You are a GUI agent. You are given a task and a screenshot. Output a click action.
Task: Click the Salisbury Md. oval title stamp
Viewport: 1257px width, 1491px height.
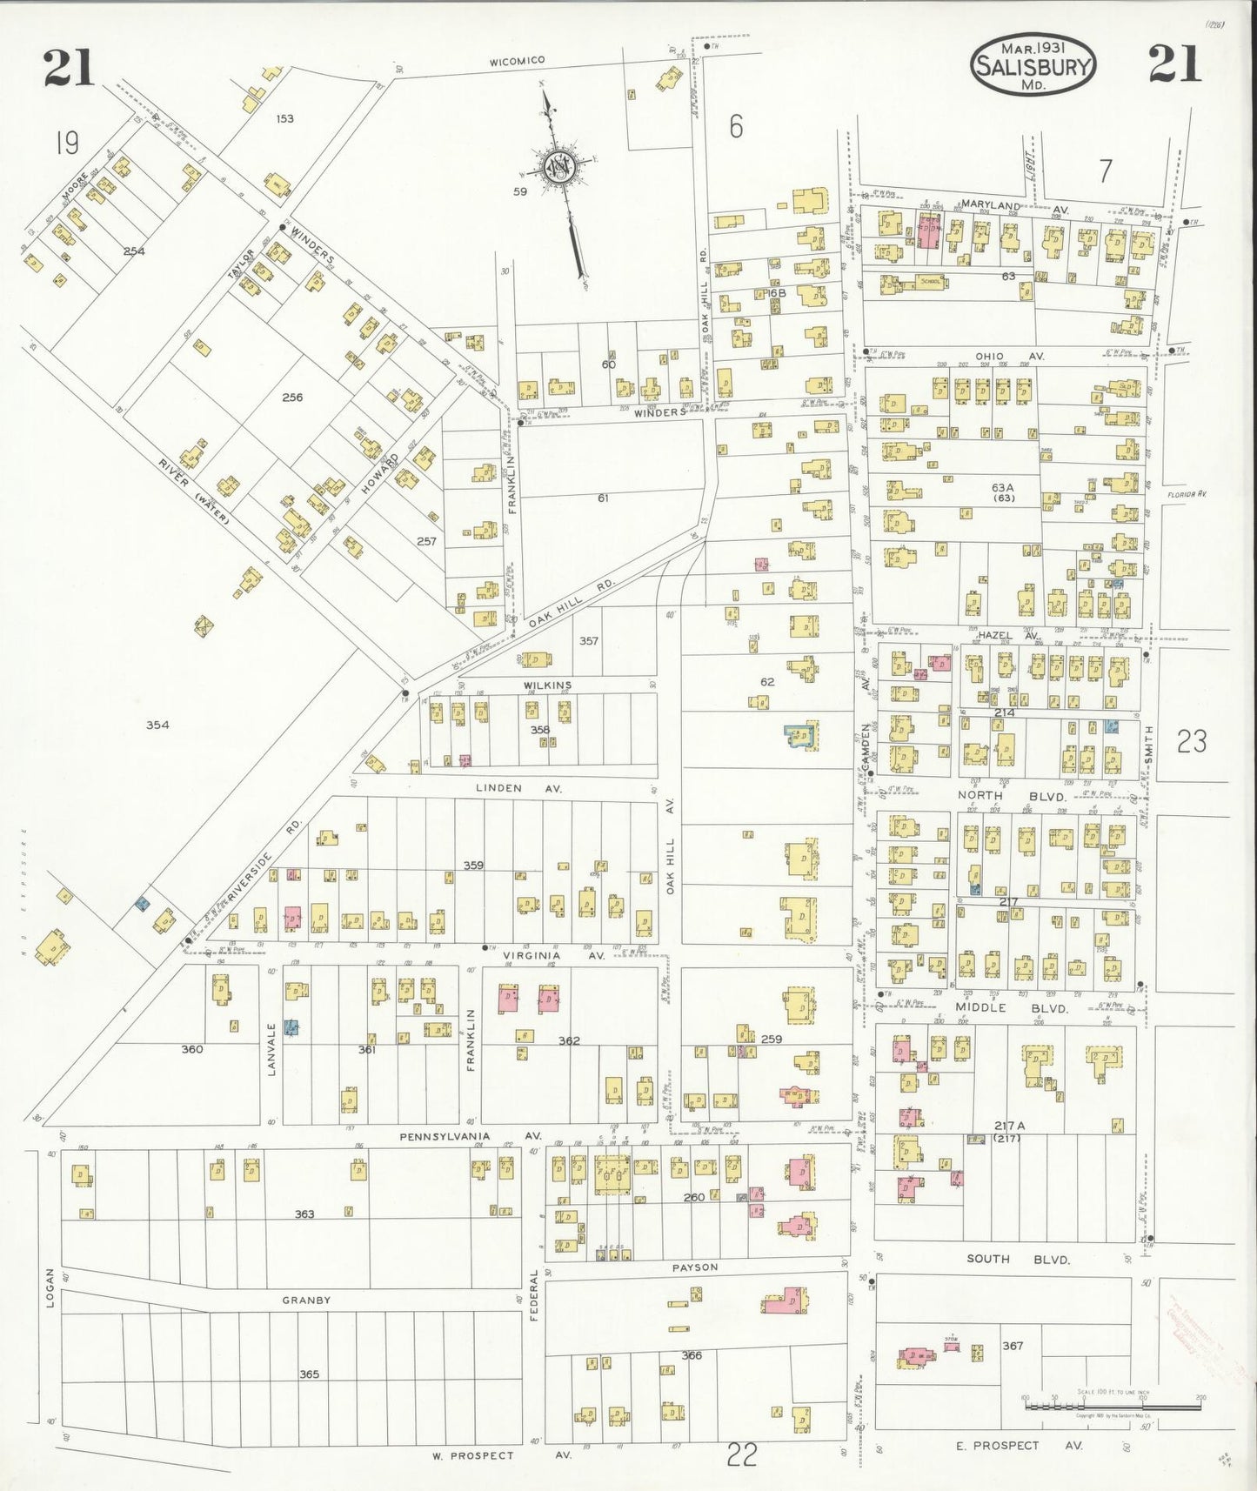tap(1033, 64)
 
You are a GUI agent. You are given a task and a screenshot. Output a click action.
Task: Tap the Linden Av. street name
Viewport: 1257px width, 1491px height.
tap(518, 788)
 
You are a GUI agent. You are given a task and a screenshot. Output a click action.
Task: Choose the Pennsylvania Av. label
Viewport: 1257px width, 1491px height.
tap(471, 1136)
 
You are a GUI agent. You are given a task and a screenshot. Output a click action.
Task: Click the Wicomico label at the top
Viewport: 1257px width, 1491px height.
tap(517, 60)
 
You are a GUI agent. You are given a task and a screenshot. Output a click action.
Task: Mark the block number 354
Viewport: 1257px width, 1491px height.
tap(157, 725)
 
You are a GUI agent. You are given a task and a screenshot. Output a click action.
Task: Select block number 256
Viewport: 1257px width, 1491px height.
tap(292, 398)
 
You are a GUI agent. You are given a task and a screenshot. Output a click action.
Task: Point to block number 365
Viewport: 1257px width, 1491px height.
tap(309, 1374)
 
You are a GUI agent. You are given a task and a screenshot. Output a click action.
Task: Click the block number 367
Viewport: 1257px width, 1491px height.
tap(1013, 1346)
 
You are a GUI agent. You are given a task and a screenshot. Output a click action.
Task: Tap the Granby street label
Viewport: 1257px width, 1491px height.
tap(306, 1300)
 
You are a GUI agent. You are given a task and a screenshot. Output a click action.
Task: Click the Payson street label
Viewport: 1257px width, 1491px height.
tap(695, 1267)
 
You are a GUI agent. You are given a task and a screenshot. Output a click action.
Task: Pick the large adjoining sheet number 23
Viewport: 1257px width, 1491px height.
tap(1191, 741)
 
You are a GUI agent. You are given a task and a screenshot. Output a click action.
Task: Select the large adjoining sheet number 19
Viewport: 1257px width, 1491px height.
tap(67, 142)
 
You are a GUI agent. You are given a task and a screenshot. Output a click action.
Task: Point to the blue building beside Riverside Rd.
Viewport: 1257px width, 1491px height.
tap(141, 905)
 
